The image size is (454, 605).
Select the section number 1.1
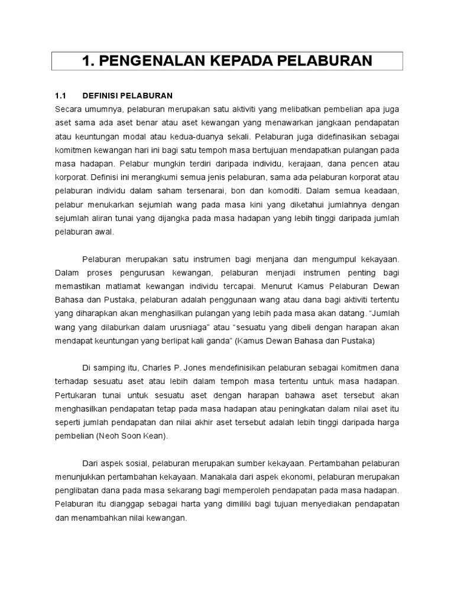pyautogui.click(x=61, y=96)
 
